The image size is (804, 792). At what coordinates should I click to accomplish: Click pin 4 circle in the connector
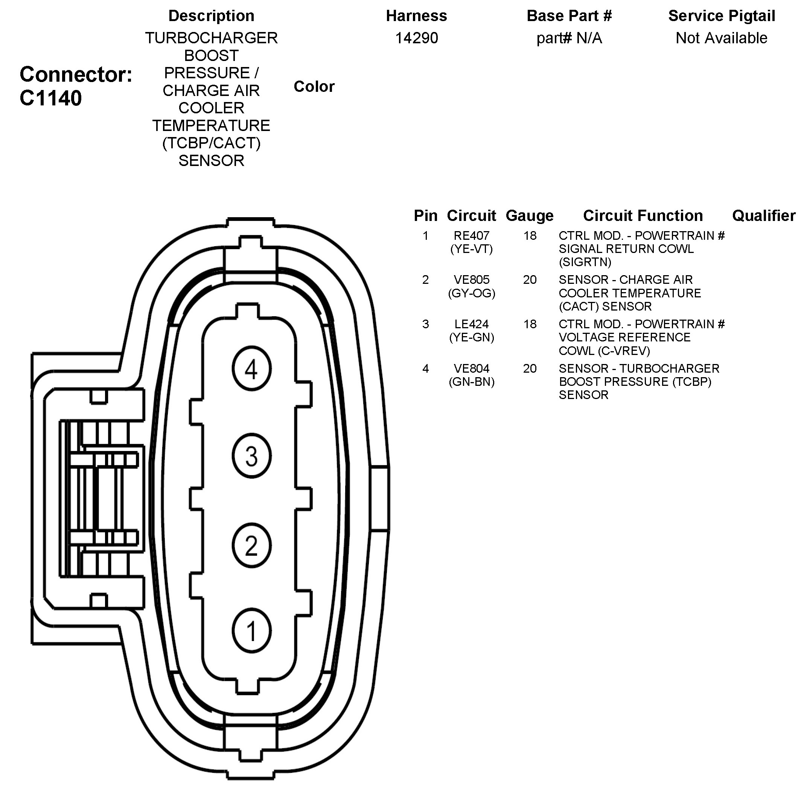251,369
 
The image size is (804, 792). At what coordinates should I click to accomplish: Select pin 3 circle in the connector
251,455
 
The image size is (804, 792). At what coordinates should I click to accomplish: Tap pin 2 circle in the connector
251,545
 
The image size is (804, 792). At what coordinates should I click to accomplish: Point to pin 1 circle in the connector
251,631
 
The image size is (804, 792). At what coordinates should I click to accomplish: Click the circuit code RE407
471,236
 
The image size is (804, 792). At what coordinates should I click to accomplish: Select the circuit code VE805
471,280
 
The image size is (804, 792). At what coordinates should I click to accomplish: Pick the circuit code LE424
471,324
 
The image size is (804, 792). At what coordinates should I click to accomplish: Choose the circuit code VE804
471,369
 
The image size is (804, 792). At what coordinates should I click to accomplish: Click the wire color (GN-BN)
471,382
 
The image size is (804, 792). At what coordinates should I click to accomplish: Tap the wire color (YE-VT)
471,249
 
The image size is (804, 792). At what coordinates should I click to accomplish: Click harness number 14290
416,38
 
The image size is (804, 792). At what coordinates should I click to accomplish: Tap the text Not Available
721,38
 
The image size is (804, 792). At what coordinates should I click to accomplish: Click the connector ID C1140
51,99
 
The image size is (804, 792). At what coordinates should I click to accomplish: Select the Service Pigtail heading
721,16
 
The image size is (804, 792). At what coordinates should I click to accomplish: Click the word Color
314,87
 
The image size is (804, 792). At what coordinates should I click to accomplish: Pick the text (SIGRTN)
585,262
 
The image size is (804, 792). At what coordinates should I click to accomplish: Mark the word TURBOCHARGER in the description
211,38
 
